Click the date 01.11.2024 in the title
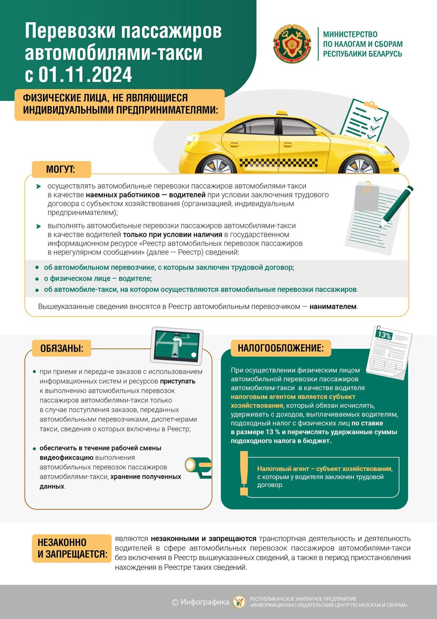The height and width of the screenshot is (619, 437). (85, 75)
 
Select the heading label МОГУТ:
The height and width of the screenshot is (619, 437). (60, 170)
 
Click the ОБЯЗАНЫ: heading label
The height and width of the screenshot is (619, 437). (62, 348)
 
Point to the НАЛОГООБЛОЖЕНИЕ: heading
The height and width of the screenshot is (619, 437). (280, 348)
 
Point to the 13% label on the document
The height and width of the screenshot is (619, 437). (384, 334)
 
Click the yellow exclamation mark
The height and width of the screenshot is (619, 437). (244, 473)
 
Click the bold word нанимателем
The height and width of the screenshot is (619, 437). (333, 307)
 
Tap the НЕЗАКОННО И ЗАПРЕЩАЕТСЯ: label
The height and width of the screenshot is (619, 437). (72, 548)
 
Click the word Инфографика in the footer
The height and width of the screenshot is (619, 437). (205, 602)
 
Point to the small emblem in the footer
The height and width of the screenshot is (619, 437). (239, 602)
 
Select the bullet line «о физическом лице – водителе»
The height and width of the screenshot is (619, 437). (98, 279)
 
